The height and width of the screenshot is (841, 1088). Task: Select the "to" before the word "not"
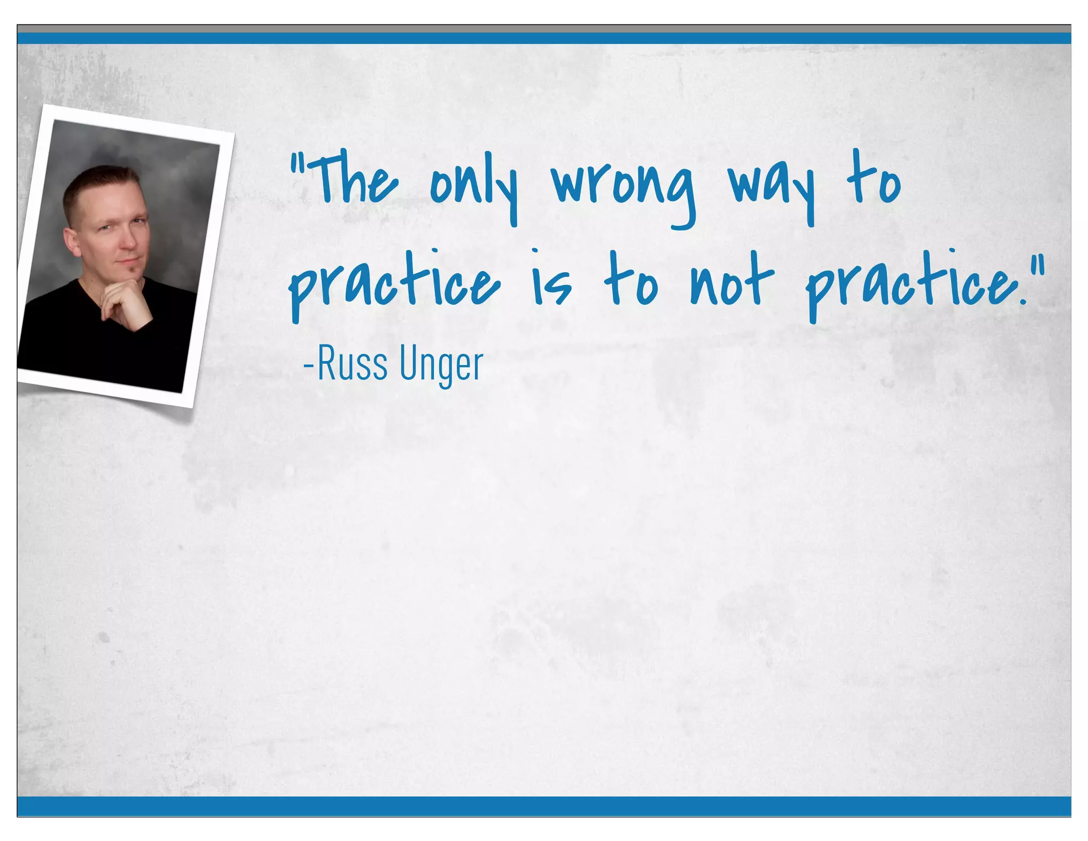(x=631, y=281)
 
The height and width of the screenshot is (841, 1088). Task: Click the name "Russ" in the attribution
(x=353, y=364)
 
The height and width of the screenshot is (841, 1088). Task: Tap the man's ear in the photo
(x=72, y=242)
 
